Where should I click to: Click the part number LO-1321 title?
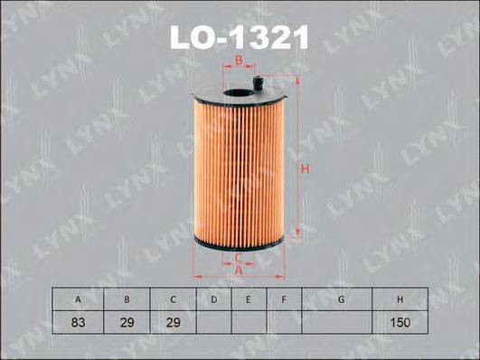tap(239, 37)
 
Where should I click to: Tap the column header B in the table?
tap(128, 298)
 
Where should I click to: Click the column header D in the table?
tap(214, 298)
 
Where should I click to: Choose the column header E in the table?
tap(248, 298)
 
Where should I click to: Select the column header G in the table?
tap(340, 298)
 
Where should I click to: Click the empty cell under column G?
tap(340, 322)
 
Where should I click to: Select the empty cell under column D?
tap(214, 322)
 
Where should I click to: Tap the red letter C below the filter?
tap(238, 258)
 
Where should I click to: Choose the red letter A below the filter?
tap(239, 270)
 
